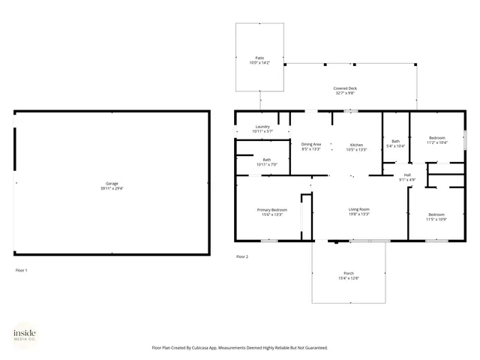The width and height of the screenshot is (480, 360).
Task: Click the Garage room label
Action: pos(111,184)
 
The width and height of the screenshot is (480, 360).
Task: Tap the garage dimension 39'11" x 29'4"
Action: pos(111,189)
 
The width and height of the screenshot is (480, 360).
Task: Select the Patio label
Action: pos(259,58)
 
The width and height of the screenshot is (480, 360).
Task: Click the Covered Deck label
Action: pos(345,88)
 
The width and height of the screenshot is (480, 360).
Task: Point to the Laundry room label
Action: pos(262,127)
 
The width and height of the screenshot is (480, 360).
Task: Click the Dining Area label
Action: pos(311,144)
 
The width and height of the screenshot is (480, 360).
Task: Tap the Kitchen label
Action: pos(357,144)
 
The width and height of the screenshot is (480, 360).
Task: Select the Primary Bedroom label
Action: pos(272,210)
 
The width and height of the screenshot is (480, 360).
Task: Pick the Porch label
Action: pos(349,273)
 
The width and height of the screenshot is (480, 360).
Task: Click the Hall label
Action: pos(408,174)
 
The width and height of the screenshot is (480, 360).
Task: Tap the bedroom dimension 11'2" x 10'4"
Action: pos(436,142)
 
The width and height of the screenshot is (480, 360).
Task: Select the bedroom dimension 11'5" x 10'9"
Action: pos(436,219)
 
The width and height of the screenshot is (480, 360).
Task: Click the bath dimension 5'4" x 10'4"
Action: pos(395,145)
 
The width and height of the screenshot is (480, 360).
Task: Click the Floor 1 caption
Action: pos(21,270)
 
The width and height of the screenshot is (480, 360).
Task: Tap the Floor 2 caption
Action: pos(241,257)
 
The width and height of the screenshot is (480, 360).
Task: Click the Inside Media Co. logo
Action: pos(26,334)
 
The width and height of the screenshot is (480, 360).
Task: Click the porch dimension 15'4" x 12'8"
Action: pos(349,278)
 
